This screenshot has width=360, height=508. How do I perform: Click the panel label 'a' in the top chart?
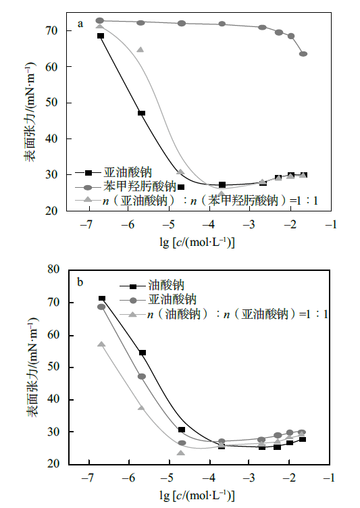[x=80, y=24]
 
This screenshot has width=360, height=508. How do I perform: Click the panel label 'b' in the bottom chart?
[x=80, y=282]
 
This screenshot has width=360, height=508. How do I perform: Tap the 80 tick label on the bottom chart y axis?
[x=53, y=270]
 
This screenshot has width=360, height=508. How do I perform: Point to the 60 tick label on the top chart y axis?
[x=51, y=67]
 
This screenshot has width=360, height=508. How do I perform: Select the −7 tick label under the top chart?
[x=86, y=224]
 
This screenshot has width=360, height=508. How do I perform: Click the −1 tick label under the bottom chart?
[x=328, y=478]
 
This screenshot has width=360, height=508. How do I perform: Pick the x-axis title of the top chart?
[x=197, y=243]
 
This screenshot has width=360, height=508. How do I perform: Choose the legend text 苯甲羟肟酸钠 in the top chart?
[x=140, y=186]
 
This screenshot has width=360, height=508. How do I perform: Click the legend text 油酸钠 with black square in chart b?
[x=166, y=286]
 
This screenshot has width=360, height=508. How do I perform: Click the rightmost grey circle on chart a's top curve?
[x=303, y=54]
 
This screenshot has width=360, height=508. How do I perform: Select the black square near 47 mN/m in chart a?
[x=141, y=113]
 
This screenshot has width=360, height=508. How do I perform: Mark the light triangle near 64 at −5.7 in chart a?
[x=140, y=50]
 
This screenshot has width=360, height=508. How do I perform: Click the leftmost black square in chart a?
[x=101, y=36]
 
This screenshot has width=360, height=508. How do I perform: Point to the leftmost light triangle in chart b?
[x=101, y=344]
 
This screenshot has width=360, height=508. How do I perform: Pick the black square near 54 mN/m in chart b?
[x=143, y=353]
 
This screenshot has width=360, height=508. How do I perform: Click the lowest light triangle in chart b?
[x=181, y=453]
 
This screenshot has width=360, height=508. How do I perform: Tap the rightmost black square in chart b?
[x=303, y=439]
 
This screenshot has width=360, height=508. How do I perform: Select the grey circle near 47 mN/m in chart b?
[x=142, y=376]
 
